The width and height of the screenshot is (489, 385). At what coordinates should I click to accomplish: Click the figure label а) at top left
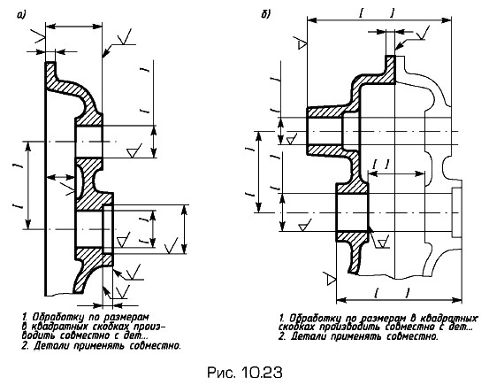[21, 15]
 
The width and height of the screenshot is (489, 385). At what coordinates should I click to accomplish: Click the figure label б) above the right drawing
[265, 14]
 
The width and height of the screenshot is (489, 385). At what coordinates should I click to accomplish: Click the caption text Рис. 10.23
[244, 373]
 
